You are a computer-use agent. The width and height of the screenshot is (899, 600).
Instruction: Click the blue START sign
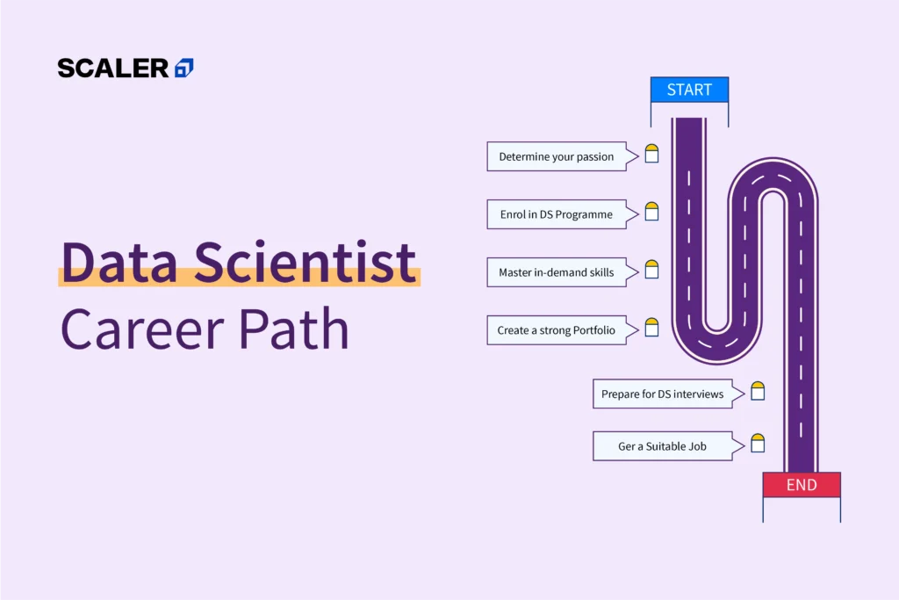(689, 90)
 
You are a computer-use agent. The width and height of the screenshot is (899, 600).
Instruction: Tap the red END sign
(801, 485)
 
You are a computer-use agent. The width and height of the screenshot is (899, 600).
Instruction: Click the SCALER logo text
(112, 68)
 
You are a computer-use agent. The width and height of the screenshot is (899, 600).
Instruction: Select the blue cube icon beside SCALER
(183, 68)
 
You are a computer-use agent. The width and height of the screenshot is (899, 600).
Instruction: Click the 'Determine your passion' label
(557, 156)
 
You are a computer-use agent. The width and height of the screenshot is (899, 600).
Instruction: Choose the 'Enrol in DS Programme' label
(557, 214)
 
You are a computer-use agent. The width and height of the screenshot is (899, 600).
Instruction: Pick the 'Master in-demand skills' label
(557, 272)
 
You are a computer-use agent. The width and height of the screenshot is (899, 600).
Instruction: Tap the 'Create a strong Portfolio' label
(556, 330)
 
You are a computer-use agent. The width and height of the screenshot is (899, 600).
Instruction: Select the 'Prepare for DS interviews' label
(662, 394)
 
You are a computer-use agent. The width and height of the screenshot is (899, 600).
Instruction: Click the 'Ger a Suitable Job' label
(662, 446)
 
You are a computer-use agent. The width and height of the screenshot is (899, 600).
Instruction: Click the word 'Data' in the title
(119, 263)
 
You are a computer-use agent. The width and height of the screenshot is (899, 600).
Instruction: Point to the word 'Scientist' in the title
(306, 263)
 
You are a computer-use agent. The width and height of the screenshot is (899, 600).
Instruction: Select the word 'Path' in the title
(298, 329)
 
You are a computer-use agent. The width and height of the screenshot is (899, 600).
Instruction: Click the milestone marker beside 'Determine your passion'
(651, 154)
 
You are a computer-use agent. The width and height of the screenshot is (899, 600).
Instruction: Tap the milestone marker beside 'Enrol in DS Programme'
(651, 212)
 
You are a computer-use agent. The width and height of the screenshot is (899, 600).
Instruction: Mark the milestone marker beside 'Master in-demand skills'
(651, 270)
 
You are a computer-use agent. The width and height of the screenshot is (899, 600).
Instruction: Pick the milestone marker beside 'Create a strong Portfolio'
(651, 328)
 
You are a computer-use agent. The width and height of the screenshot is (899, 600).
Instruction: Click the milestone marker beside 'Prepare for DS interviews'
(758, 391)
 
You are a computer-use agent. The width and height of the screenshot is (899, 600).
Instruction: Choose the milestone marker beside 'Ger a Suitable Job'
(758, 443)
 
